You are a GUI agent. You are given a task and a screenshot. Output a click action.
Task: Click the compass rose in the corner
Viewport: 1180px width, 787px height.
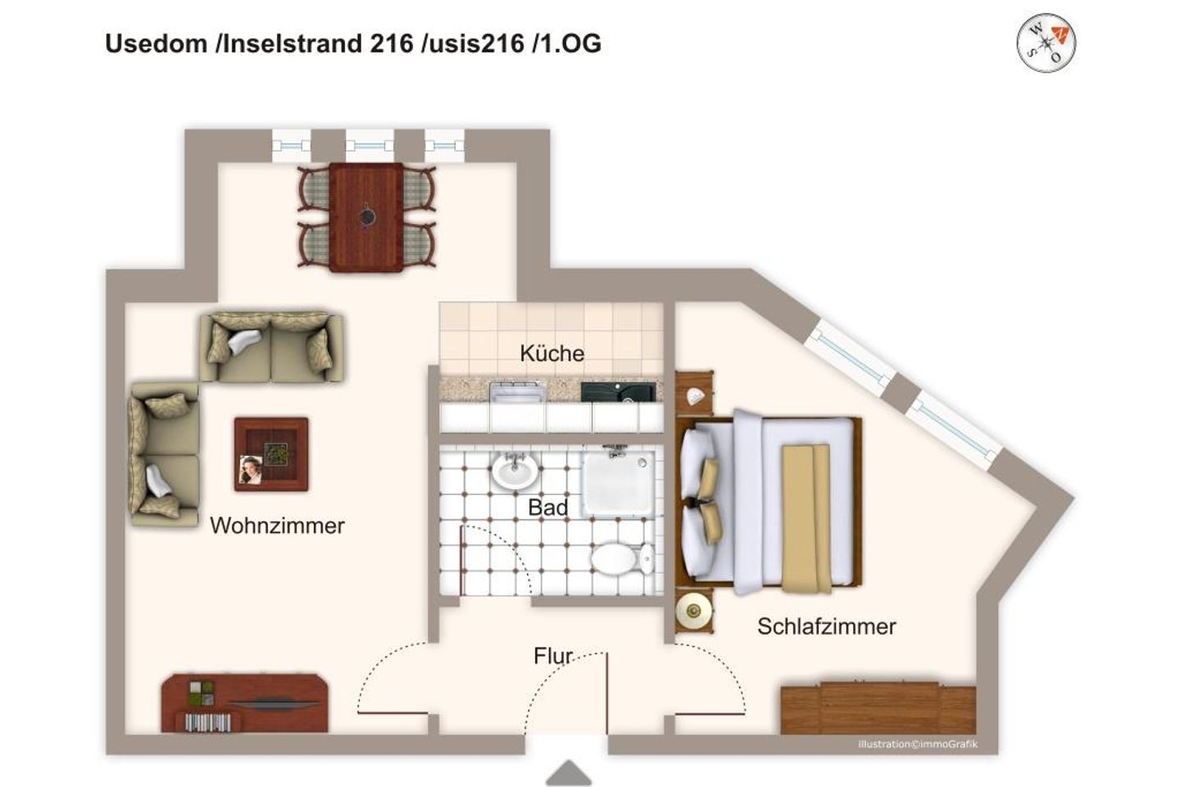[1046, 43]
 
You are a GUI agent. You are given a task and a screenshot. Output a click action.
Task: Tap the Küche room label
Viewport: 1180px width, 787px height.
[551, 353]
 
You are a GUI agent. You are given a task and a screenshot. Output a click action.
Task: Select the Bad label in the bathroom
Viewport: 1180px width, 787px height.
[548, 507]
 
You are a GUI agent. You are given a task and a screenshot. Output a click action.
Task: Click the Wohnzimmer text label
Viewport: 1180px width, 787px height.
[277, 525]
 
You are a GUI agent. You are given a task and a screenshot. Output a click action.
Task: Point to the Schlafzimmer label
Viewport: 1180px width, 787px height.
[827, 626]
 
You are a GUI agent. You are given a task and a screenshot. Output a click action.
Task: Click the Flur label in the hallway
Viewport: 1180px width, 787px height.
[552, 656]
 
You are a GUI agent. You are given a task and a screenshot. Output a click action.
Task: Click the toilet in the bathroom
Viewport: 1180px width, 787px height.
[622, 557]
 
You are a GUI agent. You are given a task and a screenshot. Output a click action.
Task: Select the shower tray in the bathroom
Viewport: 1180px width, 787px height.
[618, 483]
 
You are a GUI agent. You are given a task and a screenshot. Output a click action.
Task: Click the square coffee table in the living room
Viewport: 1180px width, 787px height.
[271, 454]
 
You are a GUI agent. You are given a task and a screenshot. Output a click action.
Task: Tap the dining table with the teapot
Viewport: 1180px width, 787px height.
[366, 217]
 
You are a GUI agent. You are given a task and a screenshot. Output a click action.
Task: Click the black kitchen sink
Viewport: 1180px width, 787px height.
[619, 392]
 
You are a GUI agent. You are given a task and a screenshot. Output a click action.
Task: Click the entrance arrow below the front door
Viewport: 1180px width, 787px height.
[569, 773]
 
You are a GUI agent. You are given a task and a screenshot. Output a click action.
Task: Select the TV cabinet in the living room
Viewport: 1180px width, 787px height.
[244, 703]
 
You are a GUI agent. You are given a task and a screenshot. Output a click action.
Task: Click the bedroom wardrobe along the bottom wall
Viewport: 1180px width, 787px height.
[878, 708]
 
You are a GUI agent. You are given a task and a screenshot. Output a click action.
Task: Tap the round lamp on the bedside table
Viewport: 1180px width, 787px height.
[693, 612]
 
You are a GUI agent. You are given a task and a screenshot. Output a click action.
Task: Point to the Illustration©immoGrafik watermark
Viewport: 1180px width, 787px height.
[918, 744]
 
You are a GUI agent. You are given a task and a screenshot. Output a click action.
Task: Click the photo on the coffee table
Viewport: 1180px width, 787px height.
[251, 469]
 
